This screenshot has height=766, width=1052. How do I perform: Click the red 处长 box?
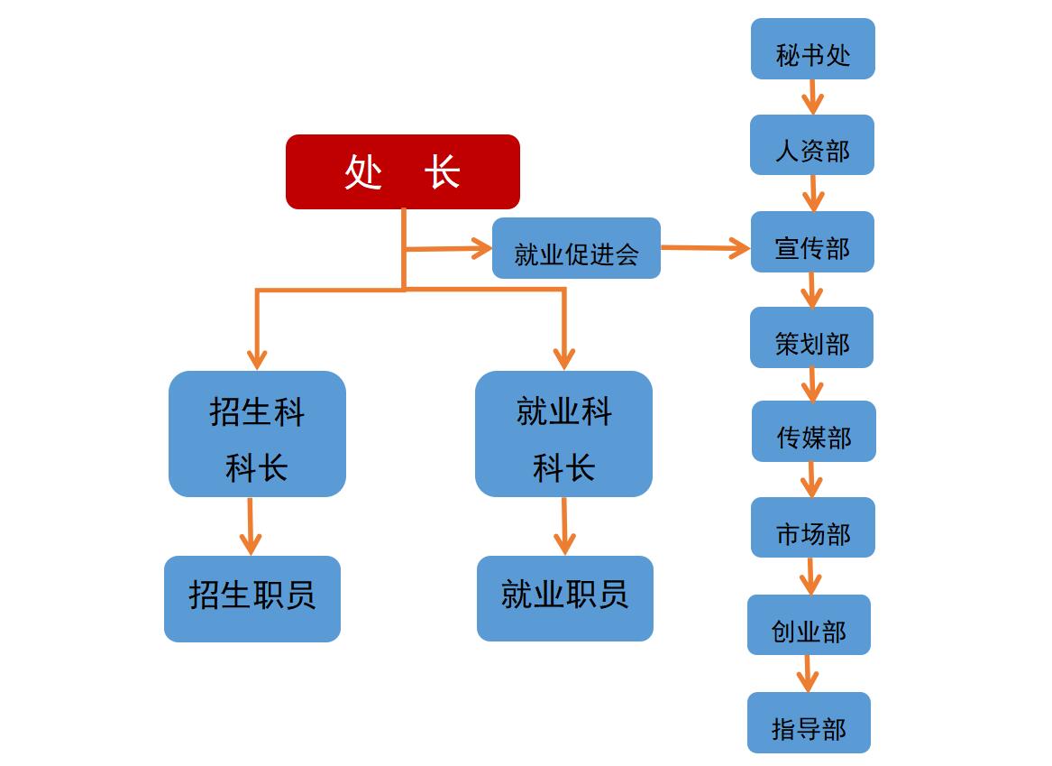(x=403, y=171)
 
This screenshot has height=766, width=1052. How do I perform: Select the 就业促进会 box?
(x=576, y=248)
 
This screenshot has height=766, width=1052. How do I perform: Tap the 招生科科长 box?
(x=257, y=434)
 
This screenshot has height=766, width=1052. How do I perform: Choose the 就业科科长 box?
(x=563, y=434)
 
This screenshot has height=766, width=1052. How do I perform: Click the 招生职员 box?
(x=252, y=599)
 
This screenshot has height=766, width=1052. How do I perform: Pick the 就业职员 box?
(x=565, y=598)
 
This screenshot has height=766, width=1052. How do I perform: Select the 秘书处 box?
(x=813, y=49)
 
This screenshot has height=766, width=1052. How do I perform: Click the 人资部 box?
(x=812, y=145)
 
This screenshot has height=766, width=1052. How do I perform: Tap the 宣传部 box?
(x=812, y=242)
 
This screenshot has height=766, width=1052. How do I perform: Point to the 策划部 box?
(x=811, y=337)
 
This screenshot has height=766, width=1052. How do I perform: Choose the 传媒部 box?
(x=814, y=431)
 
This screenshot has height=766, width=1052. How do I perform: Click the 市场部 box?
(x=813, y=528)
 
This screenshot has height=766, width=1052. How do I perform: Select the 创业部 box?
(x=809, y=625)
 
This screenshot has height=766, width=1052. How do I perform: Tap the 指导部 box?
(x=809, y=723)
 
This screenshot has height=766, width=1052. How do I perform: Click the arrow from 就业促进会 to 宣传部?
(x=705, y=247)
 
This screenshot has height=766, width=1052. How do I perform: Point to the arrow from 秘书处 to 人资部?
(x=813, y=97)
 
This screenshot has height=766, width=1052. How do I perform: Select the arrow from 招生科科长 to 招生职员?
(x=250, y=526)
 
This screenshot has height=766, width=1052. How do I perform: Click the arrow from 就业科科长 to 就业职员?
(x=564, y=526)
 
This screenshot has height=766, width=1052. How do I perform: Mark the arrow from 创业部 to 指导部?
(x=807, y=673)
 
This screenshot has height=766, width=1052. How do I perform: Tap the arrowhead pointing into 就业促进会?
(x=481, y=248)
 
